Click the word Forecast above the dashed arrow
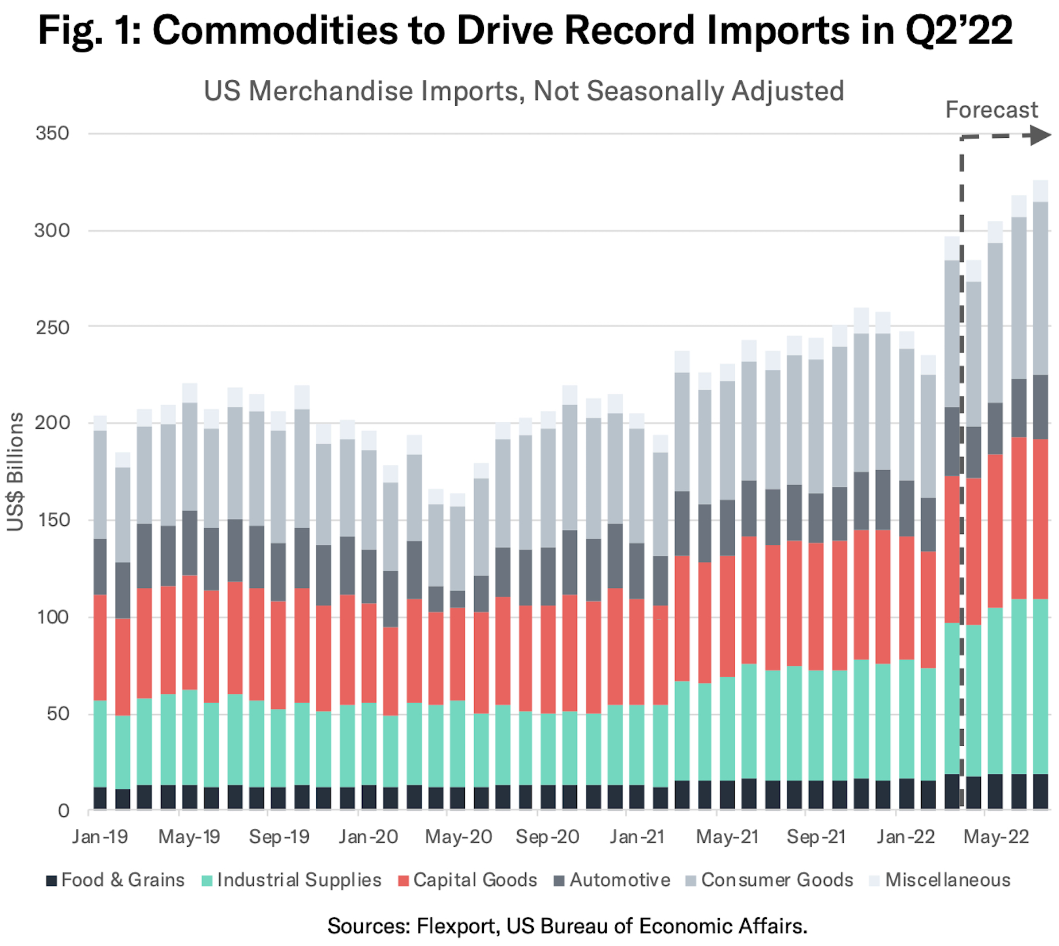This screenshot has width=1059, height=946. click(991, 110)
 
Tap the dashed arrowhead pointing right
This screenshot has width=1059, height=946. click(1039, 135)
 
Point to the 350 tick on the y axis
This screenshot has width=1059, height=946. click(52, 133)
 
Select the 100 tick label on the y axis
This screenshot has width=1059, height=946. click(52, 617)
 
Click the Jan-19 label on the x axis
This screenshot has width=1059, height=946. click(100, 836)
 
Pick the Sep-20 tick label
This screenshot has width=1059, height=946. click(547, 836)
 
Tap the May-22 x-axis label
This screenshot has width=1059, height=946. click(996, 836)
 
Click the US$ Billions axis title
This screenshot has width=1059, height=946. click(15, 472)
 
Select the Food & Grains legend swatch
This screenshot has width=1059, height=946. click(52, 881)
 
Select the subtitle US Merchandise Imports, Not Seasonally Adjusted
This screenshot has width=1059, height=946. click(523, 91)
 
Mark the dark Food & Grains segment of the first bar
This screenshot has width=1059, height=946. click(100, 798)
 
